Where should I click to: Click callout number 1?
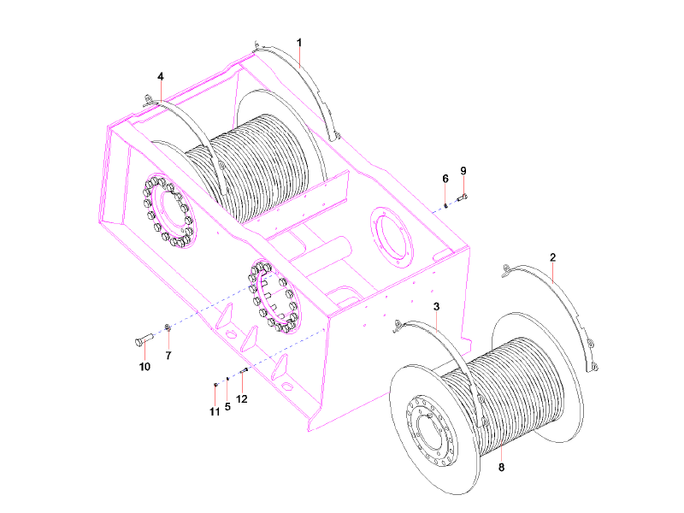pos(299,42)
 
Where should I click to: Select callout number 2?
pos(553,257)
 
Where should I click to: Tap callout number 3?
pos(436,306)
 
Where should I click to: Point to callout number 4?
pos(161,76)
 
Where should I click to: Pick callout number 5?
pos(227,407)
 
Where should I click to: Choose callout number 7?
pos(168,355)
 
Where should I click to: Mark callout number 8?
pos(502,468)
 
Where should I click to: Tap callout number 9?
pos(463,171)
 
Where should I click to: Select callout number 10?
pos(144,367)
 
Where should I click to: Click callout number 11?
pos(215,412)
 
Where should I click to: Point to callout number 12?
pos(242,398)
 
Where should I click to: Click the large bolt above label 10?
pos(142,340)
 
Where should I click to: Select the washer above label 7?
pos(168,329)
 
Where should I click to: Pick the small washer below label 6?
pos(446,204)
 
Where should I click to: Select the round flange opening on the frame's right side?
pos(392,234)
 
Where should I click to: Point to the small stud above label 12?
pos(244,370)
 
